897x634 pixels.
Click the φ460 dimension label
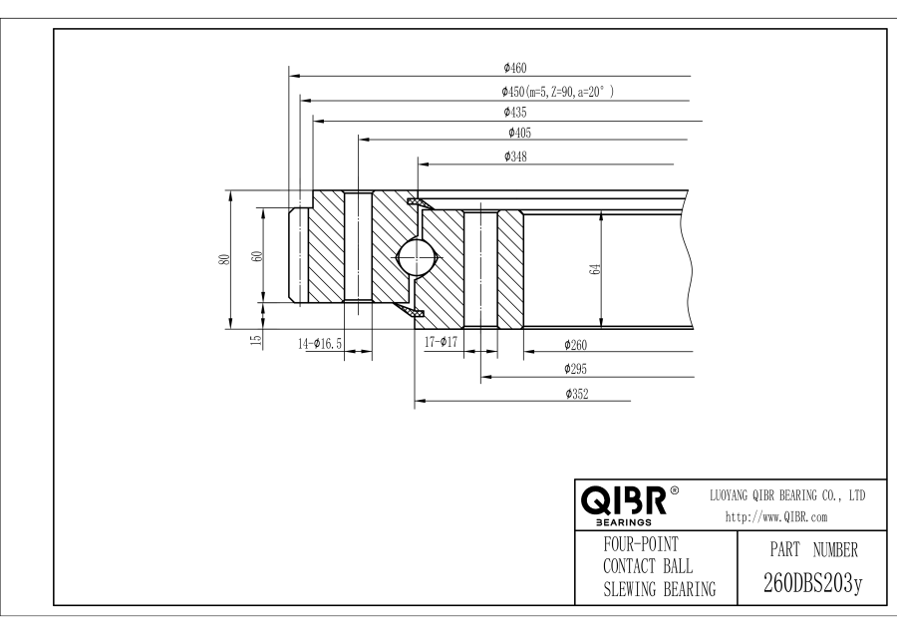pos(514,69)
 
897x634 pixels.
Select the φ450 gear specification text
pos(557,91)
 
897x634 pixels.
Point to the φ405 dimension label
pos(518,133)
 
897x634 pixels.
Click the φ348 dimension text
pos(516,157)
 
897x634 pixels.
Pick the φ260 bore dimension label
pos(575,345)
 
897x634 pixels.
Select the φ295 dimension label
pos(575,369)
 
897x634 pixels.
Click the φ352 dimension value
pos(575,394)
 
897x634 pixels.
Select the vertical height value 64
pos(594,270)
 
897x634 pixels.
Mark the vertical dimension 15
pos(256,339)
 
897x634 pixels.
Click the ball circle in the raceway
pos(417,258)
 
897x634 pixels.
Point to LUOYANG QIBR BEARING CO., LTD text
pos(785,494)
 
